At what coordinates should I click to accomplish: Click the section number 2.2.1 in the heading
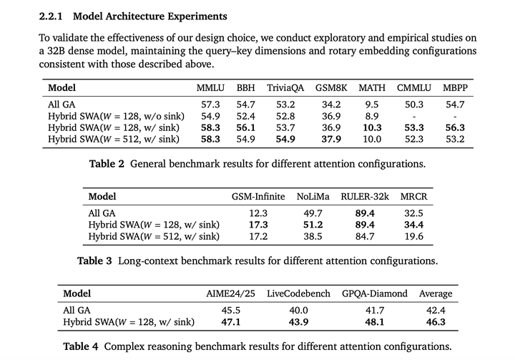pyautogui.click(x=51, y=16)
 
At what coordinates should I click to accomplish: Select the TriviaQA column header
pyautogui.click(x=285, y=88)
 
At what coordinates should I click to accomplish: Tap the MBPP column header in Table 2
pyautogui.click(x=455, y=88)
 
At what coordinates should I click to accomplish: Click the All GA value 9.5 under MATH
pyautogui.click(x=371, y=104)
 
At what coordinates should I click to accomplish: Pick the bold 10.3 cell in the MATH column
pyautogui.click(x=372, y=127)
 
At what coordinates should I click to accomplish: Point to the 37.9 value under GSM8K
pyautogui.click(x=331, y=139)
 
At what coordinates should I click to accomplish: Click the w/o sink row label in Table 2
pyautogui.click(x=117, y=116)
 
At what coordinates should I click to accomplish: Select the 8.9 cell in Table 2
pyautogui.click(x=371, y=116)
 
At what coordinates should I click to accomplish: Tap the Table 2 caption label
pyautogui.click(x=107, y=164)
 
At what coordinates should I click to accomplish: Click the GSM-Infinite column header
pyautogui.click(x=258, y=197)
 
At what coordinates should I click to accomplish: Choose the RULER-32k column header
pyautogui.click(x=365, y=197)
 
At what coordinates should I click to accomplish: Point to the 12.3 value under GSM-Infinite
pyautogui.click(x=258, y=213)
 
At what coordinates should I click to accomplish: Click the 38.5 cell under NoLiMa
pyautogui.click(x=313, y=236)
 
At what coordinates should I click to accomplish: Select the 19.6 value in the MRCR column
pyautogui.click(x=413, y=236)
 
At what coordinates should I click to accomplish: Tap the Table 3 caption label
pyautogui.click(x=94, y=261)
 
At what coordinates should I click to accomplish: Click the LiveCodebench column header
pyautogui.click(x=298, y=293)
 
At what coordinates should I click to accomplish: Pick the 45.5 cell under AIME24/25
pyautogui.click(x=230, y=311)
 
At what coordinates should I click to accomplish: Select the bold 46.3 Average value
pyautogui.click(x=436, y=322)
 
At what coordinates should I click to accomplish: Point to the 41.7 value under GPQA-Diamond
pyautogui.click(x=374, y=311)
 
